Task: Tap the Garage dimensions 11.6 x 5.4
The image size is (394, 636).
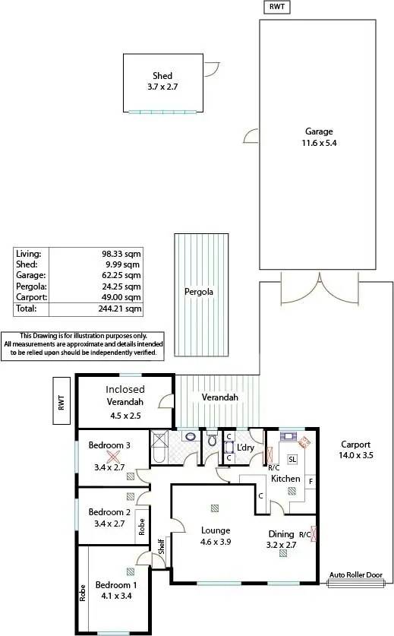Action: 319,142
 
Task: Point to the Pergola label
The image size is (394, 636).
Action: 198,292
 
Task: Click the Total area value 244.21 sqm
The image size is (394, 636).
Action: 123,309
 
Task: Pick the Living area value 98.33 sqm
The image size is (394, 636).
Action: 123,253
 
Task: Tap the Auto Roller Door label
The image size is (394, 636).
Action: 355,576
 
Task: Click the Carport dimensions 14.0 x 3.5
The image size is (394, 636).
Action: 355,457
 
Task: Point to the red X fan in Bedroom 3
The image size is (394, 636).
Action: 114,457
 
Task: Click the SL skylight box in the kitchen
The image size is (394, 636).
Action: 292,459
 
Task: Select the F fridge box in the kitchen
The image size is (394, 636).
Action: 310,481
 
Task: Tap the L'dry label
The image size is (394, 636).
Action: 245,448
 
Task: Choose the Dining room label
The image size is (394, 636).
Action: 281,533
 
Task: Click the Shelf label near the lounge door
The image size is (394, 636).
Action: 161,546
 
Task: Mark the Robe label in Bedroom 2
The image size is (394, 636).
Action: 141,527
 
